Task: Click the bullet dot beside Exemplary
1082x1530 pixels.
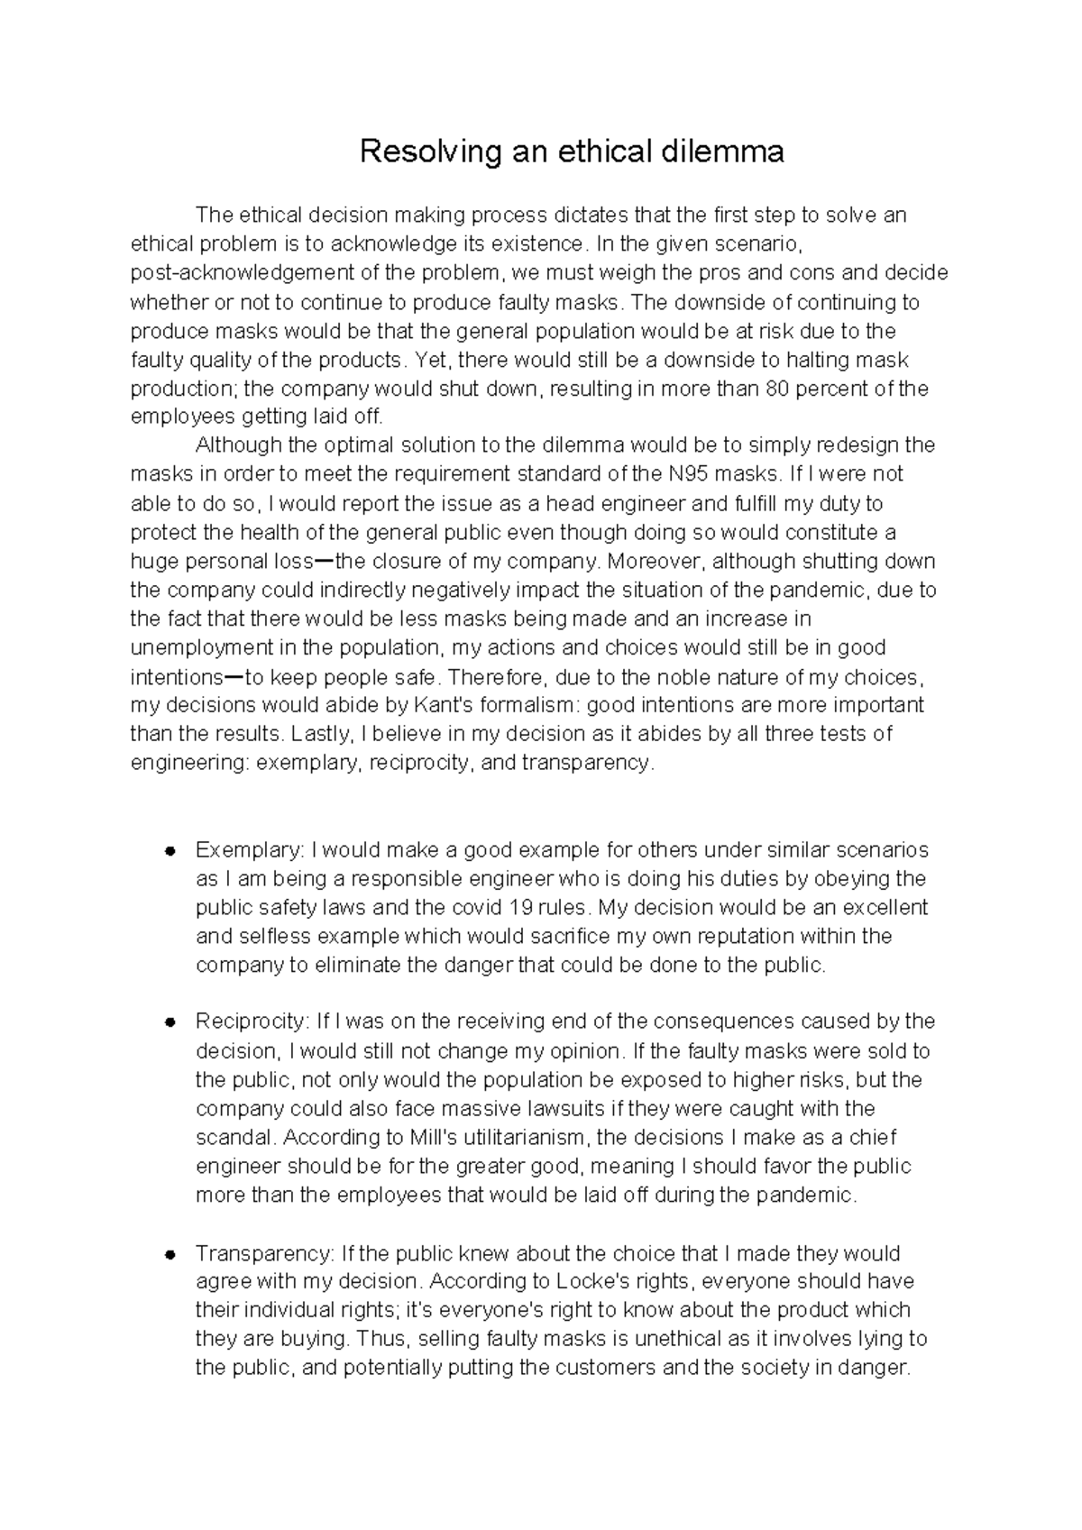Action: tap(169, 850)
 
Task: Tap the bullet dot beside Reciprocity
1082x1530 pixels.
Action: tap(169, 1022)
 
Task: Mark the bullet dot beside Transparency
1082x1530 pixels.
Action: tap(169, 1254)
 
